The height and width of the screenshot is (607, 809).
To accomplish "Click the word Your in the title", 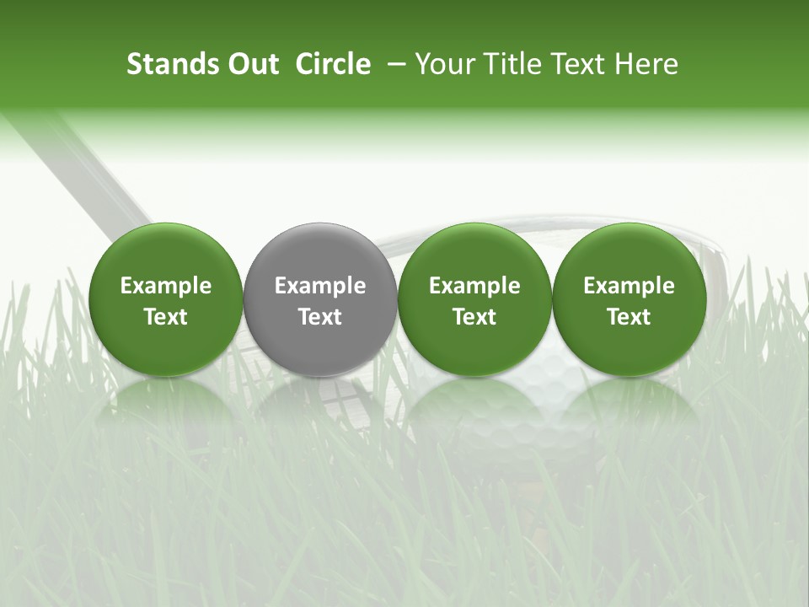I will click(442, 64).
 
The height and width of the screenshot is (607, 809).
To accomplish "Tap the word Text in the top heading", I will click(572, 64).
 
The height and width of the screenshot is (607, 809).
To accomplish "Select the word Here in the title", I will click(645, 64).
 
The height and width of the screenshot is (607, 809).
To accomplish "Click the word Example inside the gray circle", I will click(320, 286).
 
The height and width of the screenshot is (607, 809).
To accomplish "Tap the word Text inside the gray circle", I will click(320, 317).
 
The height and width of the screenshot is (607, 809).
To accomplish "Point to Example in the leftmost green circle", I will click(166, 286).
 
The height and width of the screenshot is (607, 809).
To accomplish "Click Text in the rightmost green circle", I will click(630, 317).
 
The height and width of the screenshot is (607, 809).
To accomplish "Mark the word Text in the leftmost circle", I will click(166, 317).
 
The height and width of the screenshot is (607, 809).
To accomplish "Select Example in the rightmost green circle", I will click(630, 286).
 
